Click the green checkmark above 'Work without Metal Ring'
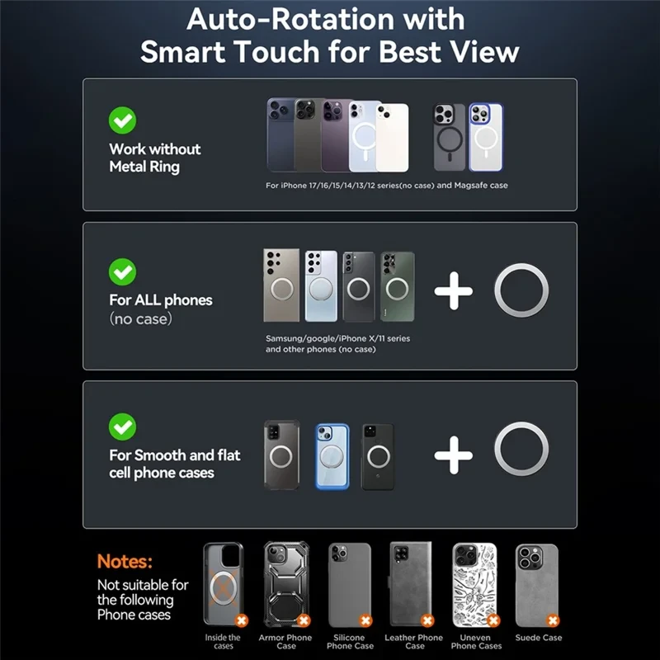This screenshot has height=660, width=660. point(122,120)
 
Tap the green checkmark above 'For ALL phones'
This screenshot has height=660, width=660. point(122,271)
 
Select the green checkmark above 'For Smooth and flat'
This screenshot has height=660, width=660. point(122,427)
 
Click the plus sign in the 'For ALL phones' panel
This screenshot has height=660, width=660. point(453,291)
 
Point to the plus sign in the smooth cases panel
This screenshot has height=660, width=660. point(453,455)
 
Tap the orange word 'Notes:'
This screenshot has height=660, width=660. point(125,561)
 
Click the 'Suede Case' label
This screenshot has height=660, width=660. point(539,638)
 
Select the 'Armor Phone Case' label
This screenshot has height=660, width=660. point(285,642)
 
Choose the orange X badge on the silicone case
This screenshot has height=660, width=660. point(365,620)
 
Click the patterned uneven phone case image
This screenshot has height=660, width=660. point(474,585)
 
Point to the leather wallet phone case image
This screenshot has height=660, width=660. point(410,584)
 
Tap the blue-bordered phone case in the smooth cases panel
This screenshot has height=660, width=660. point(332,457)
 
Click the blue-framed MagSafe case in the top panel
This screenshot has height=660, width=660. point(486,137)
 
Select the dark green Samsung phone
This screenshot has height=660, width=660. point(398,286)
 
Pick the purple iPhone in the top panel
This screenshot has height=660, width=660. point(336,135)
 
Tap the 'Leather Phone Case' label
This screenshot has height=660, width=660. point(414,642)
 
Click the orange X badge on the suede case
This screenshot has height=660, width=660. point(553,620)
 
